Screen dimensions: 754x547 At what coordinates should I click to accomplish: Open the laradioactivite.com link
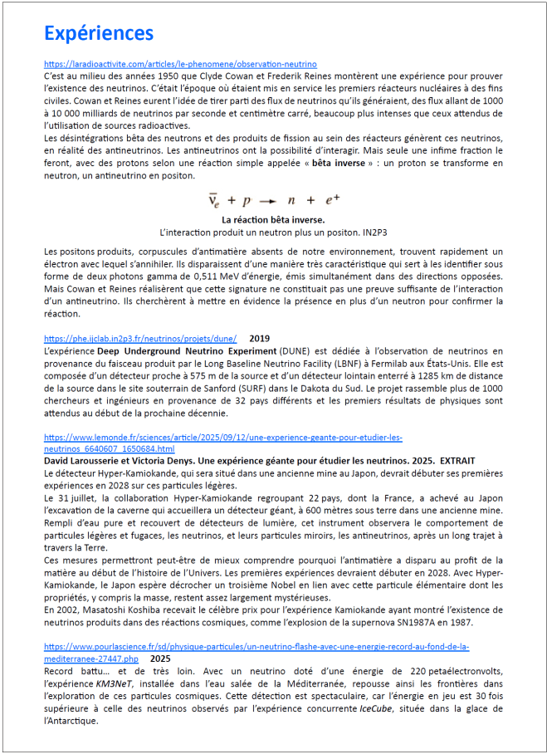click(180, 64)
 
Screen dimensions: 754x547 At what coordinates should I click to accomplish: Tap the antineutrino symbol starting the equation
click(213, 201)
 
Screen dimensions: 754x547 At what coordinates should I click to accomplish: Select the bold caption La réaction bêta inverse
click(273, 218)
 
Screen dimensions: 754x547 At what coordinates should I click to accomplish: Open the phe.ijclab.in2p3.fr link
click(140, 339)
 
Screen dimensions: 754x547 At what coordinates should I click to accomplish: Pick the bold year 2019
click(260, 339)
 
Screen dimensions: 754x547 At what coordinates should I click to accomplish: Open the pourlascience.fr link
click(256, 646)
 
